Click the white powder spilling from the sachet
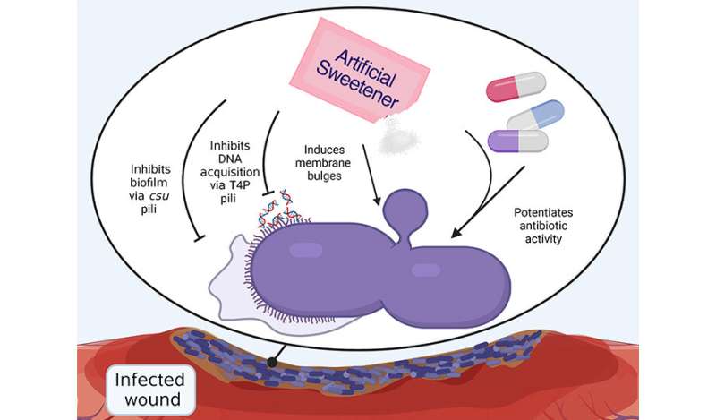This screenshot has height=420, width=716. [394, 138]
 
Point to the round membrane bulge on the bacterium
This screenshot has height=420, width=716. [401, 216]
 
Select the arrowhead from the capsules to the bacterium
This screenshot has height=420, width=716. [456, 236]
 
